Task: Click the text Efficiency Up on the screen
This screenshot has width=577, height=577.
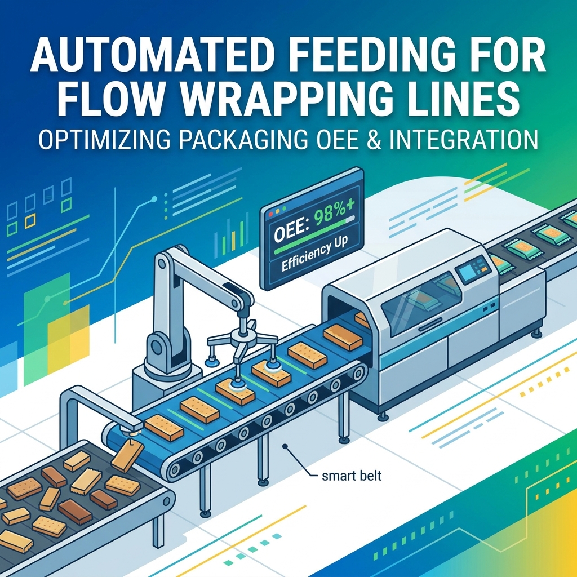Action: click(315, 255)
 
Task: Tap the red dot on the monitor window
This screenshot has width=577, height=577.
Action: click(271, 214)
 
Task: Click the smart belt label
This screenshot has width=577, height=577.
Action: click(352, 476)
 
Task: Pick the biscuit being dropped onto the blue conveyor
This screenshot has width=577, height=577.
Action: click(127, 455)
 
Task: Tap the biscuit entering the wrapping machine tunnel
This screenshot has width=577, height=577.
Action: click(362, 319)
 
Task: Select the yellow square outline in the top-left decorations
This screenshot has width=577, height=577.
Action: click(30, 221)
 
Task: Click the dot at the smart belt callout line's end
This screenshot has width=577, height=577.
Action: click(285, 447)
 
